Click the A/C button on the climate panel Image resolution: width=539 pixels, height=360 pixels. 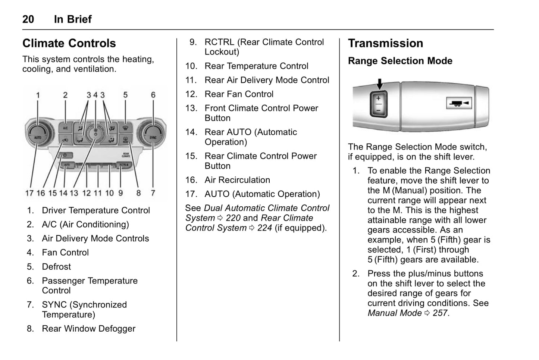[x=65, y=128]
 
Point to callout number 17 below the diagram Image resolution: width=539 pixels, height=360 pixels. [x=29, y=193]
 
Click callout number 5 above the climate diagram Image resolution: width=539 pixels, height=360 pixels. [x=125, y=95]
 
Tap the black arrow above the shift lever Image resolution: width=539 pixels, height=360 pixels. [x=379, y=84]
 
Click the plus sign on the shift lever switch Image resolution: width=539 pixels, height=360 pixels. [x=378, y=98]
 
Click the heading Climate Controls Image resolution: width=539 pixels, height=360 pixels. [x=69, y=43]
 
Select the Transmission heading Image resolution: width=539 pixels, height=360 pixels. [x=385, y=43]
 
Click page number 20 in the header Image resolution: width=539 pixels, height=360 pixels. [x=28, y=19]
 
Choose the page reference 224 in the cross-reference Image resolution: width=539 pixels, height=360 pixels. [x=264, y=228]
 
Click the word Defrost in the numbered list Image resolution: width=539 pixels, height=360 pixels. [x=56, y=267]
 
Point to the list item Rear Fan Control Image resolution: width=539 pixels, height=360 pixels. [x=239, y=94]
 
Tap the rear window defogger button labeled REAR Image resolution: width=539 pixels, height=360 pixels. [x=125, y=140]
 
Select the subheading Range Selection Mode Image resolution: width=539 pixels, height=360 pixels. [x=400, y=61]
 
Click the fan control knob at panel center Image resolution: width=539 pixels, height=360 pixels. [x=95, y=133]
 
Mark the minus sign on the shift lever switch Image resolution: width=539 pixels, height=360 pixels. [x=378, y=110]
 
